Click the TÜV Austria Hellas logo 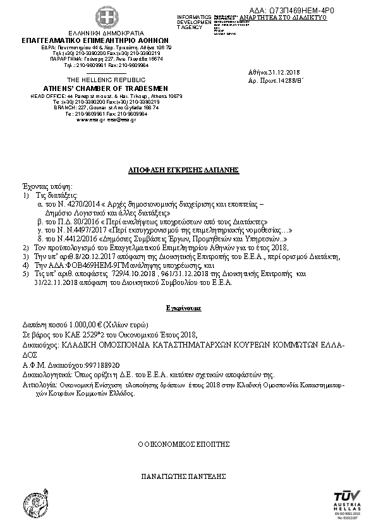(x=347, y=503)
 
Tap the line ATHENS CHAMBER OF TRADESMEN (x=106, y=87)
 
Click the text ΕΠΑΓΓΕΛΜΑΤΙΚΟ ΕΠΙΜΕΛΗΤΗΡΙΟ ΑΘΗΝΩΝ (x=106, y=40)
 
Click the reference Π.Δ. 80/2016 (x=75, y=222)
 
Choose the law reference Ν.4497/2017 (x=75, y=231)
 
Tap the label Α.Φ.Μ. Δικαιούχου (x=47, y=365)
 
